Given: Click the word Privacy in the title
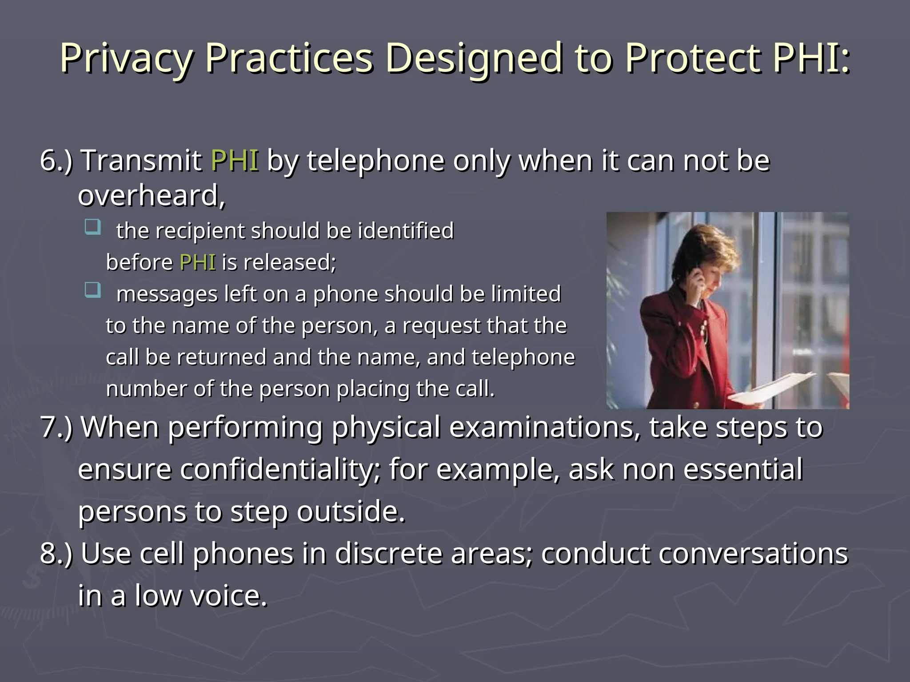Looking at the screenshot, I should pos(127,59).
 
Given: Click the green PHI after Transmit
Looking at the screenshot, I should pos(235,160).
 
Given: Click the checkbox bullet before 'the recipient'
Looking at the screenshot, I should pos(92,226).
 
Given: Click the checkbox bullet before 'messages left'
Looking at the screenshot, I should pos(92,290).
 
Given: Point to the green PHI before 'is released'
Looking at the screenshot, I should pos(197,262).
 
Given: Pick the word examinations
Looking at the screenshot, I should pos(544,428).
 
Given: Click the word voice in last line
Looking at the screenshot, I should pos(228,596).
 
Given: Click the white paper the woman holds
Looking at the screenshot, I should pos(769,391).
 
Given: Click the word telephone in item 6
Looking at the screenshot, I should pos(376,160).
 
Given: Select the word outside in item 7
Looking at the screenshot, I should pos(351,512).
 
